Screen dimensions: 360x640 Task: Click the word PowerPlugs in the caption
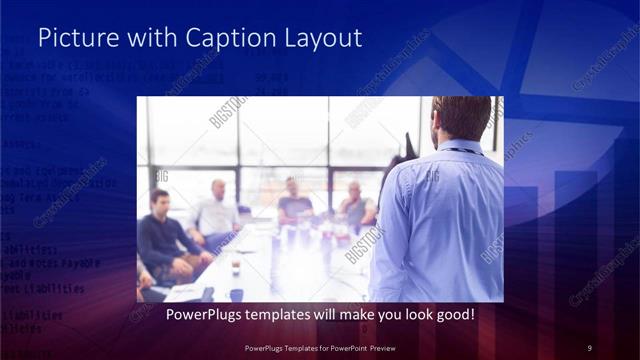(x=186, y=314)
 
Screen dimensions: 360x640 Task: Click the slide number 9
(x=590, y=347)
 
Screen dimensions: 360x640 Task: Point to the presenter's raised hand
(x=409, y=146)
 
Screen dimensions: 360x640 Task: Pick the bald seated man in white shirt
(x=216, y=212)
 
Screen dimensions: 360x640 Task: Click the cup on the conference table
(x=236, y=267)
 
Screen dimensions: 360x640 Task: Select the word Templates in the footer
(x=293, y=347)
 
